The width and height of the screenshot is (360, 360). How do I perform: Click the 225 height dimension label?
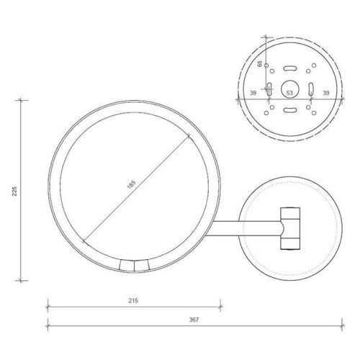[14, 191]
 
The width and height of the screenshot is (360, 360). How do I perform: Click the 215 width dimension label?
[133, 300]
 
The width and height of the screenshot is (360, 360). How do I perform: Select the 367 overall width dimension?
[194, 320]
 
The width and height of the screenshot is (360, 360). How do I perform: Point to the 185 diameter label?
[131, 184]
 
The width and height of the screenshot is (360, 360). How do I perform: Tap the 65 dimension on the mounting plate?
[260, 64]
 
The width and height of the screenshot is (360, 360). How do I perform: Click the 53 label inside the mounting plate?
[289, 93]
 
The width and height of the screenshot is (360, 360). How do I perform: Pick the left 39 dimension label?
[253, 93]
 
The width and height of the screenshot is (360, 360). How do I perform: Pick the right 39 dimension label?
[326, 93]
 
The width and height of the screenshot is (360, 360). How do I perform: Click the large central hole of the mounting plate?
[290, 89]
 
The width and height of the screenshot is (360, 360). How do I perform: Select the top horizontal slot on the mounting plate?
[290, 68]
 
